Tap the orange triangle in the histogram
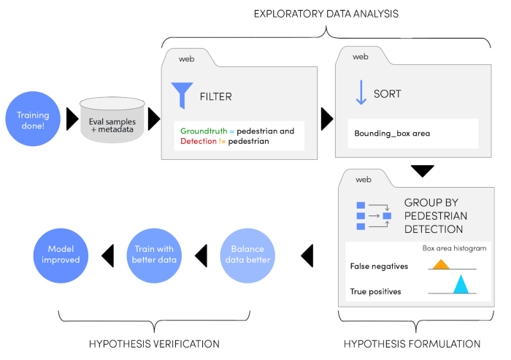[x=440, y=264]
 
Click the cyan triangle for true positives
[x=460, y=284]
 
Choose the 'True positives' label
[x=376, y=291]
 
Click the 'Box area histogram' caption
[x=454, y=248]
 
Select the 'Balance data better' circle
[x=247, y=255]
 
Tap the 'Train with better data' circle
[x=155, y=255]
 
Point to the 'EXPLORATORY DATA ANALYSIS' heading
[x=326, y=13]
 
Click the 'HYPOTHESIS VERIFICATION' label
[x=154, y=344]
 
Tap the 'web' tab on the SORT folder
[x=361, y=56]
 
